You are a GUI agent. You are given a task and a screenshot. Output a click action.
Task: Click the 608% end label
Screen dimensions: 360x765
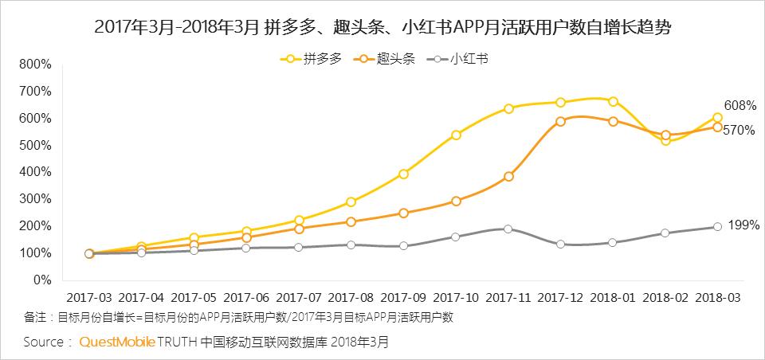739,106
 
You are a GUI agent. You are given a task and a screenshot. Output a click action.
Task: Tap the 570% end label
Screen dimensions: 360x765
739,131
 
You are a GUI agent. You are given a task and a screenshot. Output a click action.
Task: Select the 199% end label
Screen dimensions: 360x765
743,225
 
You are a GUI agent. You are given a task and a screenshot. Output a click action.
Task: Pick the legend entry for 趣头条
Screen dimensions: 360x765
387,59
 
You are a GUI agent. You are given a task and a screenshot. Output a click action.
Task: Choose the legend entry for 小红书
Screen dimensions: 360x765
461,59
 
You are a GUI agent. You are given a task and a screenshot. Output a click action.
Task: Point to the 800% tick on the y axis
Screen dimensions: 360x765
35,64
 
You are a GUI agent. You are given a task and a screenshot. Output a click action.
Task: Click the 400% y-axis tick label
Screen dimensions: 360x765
35,172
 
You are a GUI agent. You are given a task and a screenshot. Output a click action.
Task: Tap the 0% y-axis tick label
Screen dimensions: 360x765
41,280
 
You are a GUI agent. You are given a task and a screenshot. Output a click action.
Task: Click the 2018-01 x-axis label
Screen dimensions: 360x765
613,298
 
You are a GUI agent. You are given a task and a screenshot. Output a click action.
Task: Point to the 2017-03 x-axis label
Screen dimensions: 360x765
88,298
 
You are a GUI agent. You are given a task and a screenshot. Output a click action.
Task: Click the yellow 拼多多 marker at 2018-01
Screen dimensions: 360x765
613,101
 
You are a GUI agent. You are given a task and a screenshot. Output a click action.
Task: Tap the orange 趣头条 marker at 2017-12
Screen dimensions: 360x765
560,121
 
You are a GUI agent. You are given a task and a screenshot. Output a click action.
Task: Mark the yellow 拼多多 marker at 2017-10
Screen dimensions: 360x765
456,135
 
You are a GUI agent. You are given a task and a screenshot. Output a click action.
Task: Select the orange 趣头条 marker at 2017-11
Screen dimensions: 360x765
508,177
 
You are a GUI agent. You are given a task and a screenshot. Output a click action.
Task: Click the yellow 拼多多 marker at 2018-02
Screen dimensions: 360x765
665,141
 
